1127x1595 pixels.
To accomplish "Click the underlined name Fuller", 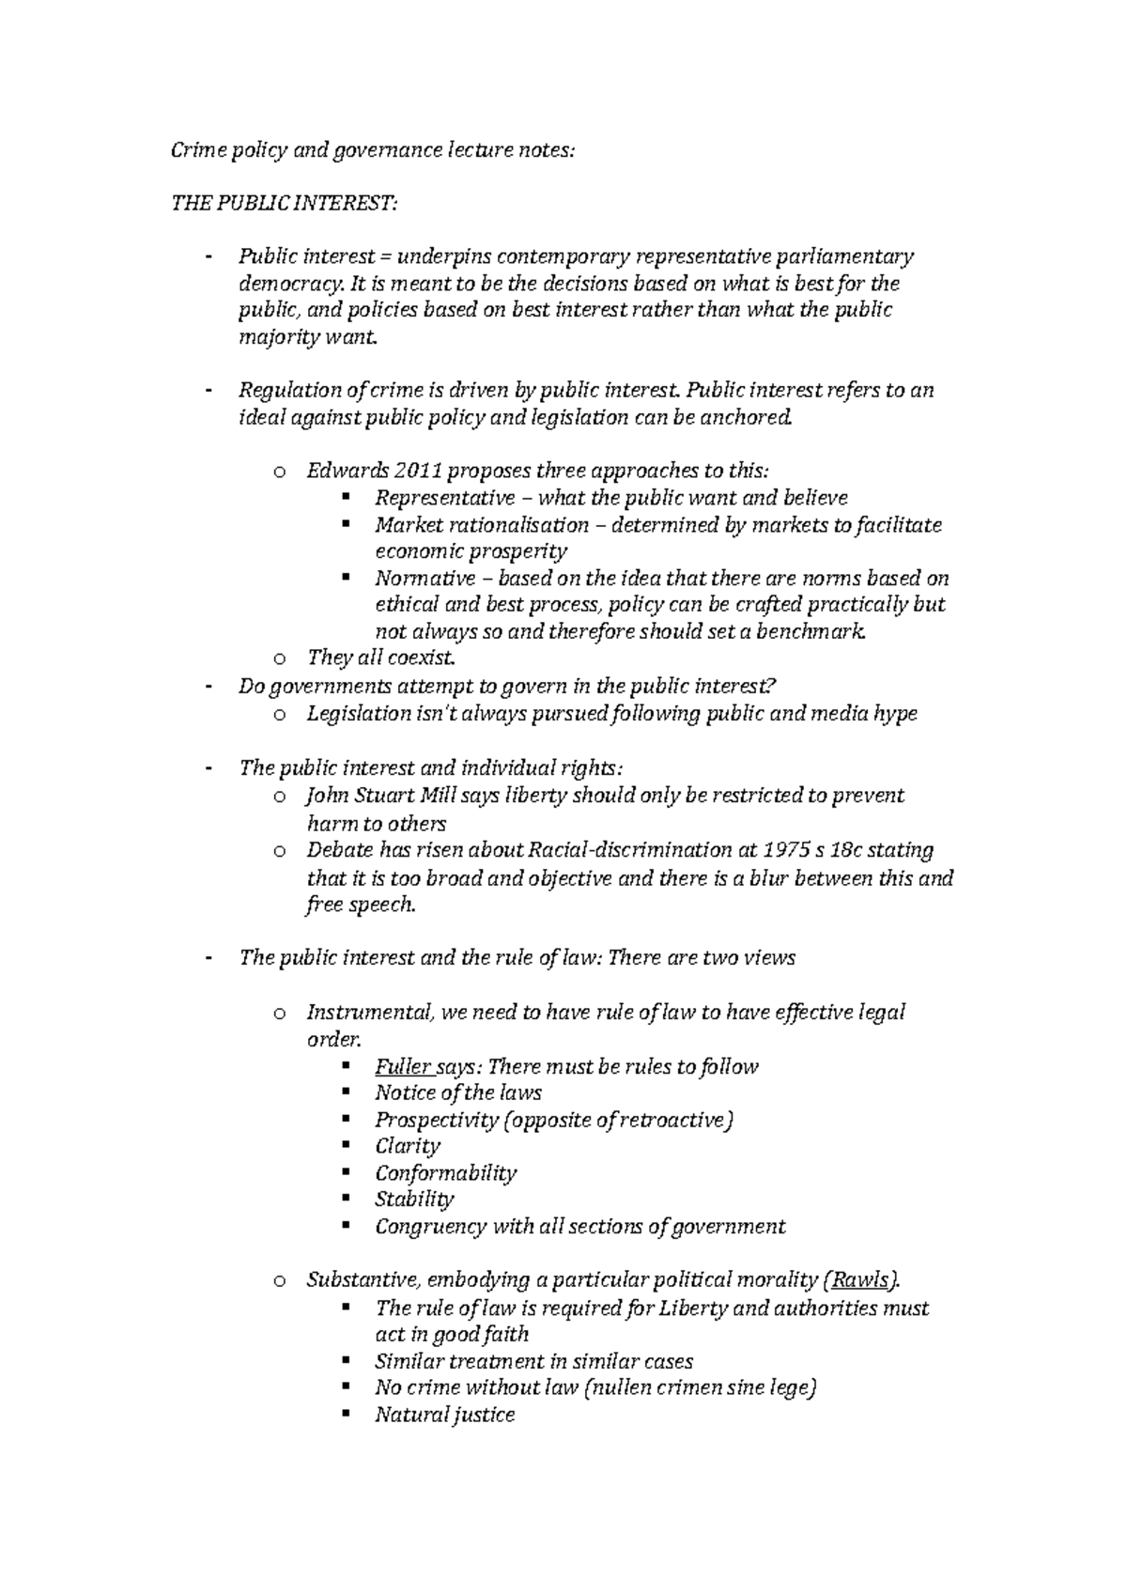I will tap(403, 1066).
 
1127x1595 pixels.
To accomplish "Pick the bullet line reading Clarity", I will tap(408, 1146).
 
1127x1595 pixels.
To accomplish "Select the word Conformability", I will tap(445, 1173).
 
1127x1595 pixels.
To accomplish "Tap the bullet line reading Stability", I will tap(414, 1200).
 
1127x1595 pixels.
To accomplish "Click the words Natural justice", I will tap(444, 1415).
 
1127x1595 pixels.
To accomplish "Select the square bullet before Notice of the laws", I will tap(347, 1092).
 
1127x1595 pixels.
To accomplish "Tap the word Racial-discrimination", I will tap(625, 850).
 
